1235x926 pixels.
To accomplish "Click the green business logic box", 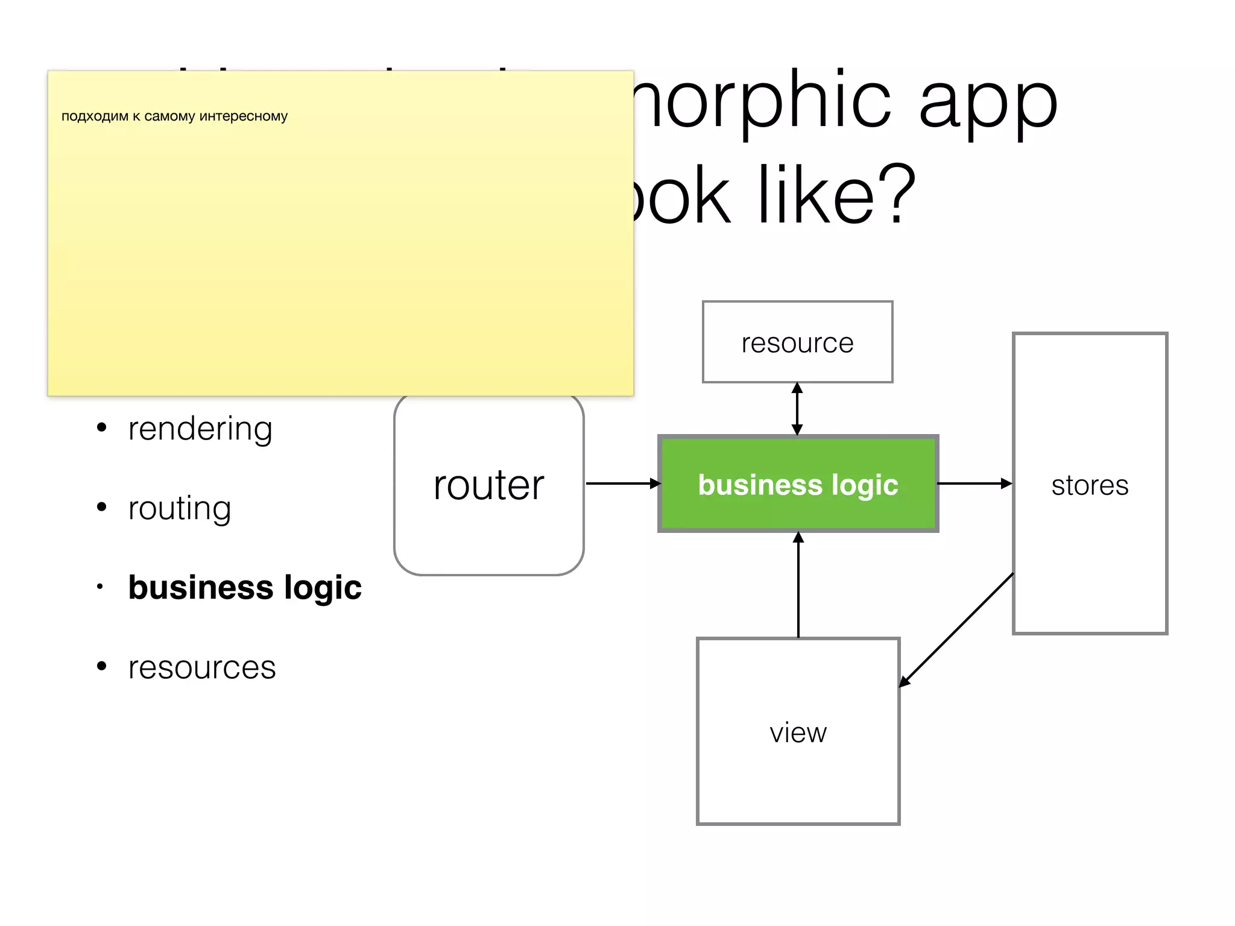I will coord(798,483).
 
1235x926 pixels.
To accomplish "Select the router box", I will coord(488,485).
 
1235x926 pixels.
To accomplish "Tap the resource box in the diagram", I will coord(797,342).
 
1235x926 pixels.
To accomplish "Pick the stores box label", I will coord(1090,485).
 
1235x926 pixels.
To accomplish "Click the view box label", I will coord(798,733).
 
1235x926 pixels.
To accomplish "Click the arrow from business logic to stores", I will coord(974,483).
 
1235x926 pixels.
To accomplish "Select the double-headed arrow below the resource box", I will coord(797,409).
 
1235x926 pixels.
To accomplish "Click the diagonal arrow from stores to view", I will coord(956,630).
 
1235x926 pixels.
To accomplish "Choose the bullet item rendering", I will coord(200,429).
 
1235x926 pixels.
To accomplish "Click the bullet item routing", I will coord(180,508).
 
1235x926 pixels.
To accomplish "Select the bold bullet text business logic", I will coord(245,587).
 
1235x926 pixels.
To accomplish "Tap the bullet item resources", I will coord(202,667).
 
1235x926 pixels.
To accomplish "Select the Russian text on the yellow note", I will coord(174,116).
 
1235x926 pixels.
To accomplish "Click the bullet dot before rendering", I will coord(102,428).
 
